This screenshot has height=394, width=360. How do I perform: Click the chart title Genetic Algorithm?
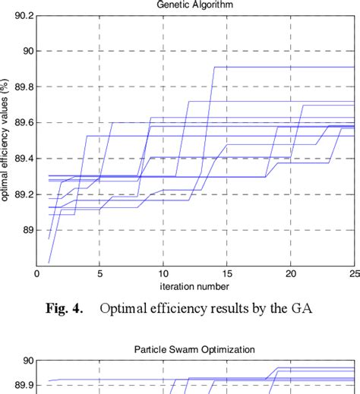[195, 4]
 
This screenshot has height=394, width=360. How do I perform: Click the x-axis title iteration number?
[195, 285]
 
